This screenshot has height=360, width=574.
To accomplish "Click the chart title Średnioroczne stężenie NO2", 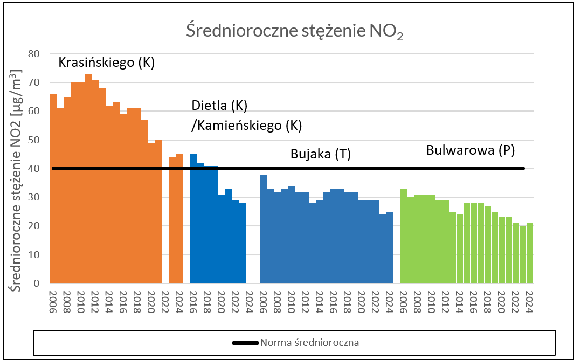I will [295, 32].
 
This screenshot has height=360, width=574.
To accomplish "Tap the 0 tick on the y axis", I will [37, 283].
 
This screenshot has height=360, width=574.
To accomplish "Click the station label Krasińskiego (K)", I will [106, 63].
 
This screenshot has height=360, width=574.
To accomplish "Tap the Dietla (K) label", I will [219, 105].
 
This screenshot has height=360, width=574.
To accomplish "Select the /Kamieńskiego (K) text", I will [246, 126].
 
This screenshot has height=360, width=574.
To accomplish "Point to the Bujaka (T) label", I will [321, 155].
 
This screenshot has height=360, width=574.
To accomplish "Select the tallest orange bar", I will [88, 178].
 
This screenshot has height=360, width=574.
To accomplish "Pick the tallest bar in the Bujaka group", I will [264, 229].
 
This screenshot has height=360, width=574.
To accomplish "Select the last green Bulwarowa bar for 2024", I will [530, 253].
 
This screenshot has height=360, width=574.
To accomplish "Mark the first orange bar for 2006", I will [53, 188].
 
